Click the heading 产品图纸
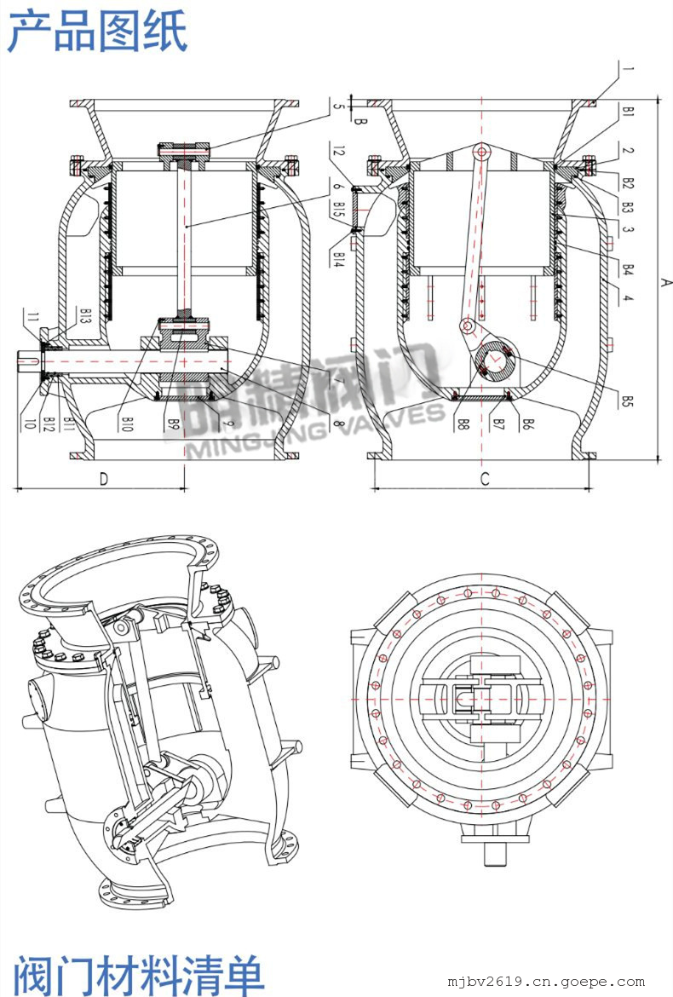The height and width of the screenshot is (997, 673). (x=97, y=32)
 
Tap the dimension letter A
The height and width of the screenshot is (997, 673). (x=667, y=282)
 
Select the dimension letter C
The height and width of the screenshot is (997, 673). (x=484, y=479)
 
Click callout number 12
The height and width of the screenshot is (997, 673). (x=338, y=153)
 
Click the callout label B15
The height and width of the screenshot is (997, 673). (x=338, y=209)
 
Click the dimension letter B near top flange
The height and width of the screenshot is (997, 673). (x=360, y=123)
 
